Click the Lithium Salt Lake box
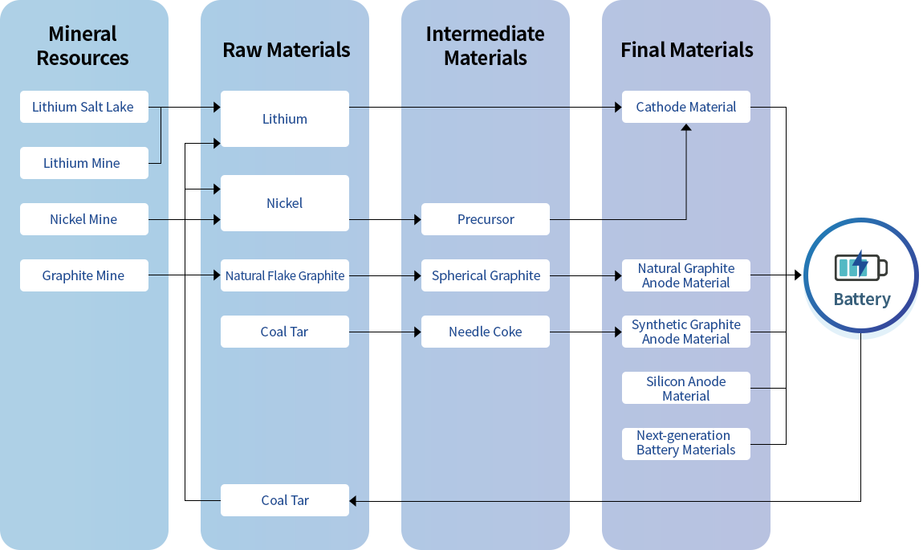tap(83, 107)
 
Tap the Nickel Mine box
tap(83, 219)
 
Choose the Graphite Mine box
tap(83, 275)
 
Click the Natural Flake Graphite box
tap(284, 275)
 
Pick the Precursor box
tap(485, 219)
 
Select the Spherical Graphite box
tap(485, 275)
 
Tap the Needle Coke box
tap(485, 332)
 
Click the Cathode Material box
tap(685, 107)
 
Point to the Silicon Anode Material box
tap(685, 388)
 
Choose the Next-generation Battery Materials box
tap(685, 443)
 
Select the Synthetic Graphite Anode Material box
tap(685, 332)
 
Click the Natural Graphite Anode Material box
tap(685, 275)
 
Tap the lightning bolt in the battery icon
tap(860, 264)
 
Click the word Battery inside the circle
tap(862, 299)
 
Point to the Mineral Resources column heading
tap(83, 46)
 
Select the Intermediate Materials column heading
tap(485, 46)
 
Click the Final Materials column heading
tap(686, 50)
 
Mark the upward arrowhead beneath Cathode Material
tap(686, 128)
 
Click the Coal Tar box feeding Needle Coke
tap(284, 332)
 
